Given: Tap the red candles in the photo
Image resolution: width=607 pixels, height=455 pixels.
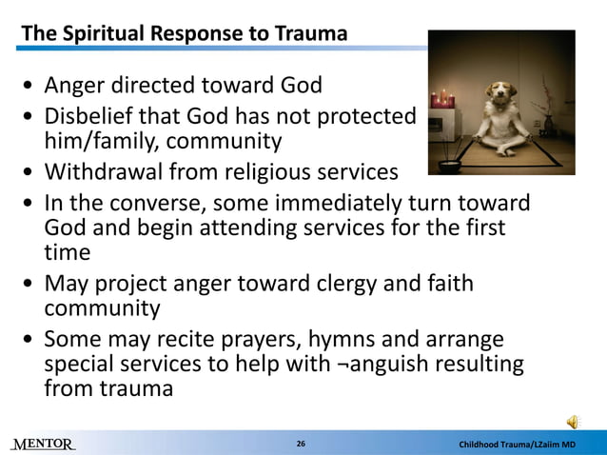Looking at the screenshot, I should tap(442, 98).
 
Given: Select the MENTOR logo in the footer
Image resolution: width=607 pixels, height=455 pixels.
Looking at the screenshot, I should tap(43, 445).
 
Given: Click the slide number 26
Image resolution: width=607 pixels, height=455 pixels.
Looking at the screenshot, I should tap(301, 445).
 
